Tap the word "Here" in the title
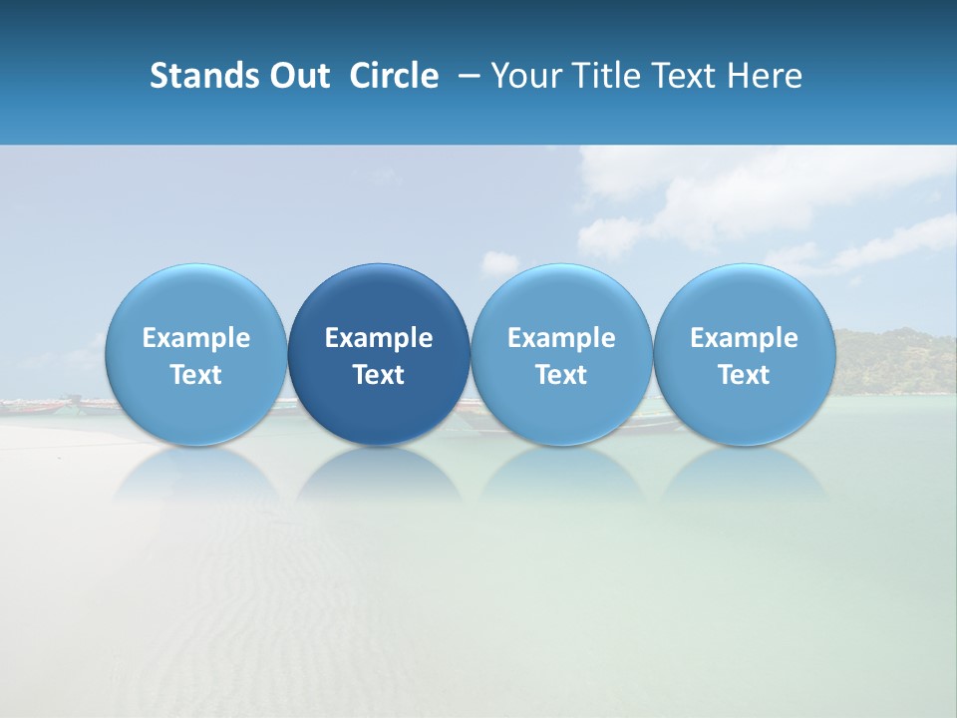764,76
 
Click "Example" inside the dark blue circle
379,338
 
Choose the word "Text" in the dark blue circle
379,375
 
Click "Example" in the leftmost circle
196,338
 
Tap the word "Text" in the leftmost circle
196,375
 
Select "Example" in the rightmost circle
744,338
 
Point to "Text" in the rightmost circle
744,375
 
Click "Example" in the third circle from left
561,338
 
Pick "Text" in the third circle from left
561,375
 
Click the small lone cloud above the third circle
500,263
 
